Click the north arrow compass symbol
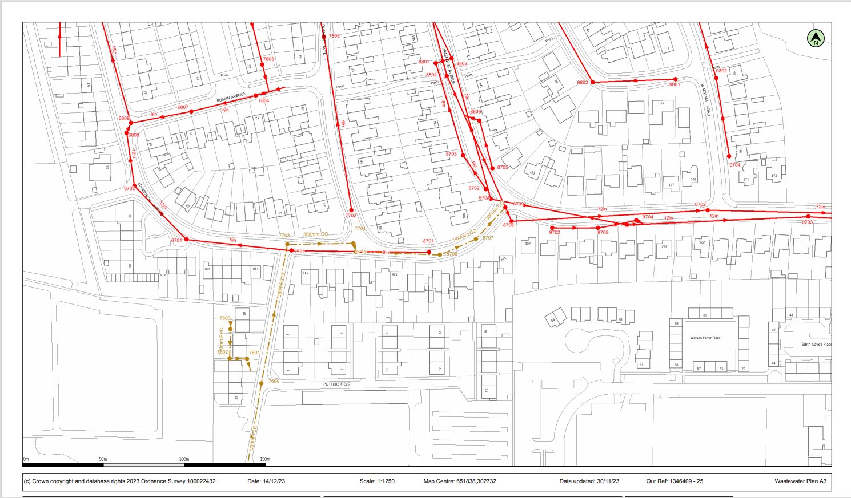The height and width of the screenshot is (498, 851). tap(816, 39)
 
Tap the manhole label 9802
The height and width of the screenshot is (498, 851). tap(582, 83)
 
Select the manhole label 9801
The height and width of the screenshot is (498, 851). tap(675, 84)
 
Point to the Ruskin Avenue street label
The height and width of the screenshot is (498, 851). tap(231, 98)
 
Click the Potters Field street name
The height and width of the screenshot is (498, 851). tap(336, 384)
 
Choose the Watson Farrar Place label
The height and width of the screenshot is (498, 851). tap(705, 338)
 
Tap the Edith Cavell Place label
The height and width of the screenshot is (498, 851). tap(816, 344)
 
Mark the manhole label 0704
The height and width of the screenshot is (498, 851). tap(734, 165)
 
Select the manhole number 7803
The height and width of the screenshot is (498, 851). tap(268, 59)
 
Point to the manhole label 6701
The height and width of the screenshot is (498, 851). tap(176, 241)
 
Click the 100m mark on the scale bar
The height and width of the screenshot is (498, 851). tap(184, 459)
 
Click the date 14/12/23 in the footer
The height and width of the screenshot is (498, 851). tap(274, 481)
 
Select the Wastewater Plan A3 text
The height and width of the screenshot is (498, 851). tap(800, 481)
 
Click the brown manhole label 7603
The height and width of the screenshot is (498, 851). tap(225, 318)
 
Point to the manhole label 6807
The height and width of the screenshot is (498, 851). tap(183, 107)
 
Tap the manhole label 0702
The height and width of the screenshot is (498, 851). tap(700, 204)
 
